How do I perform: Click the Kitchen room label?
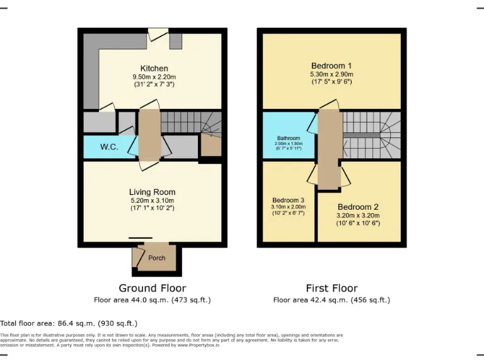click(x=154, y=69)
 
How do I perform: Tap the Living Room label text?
click(x=152, y=192)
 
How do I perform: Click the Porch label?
click(x=156, y=258)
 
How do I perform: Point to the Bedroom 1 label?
click(x=331, y=66)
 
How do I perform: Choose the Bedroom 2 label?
click(x=357, y=207)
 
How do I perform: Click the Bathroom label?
click(x=289, y=138)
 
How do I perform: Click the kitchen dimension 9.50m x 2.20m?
click(x=154, y=77)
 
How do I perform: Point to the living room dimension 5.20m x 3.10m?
click(x=152, y=200)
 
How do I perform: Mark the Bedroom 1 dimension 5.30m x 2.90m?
click(x=331, y=74)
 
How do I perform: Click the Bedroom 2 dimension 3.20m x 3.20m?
click(x=357, y=216)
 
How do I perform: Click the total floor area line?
click(x=69, y=323)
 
